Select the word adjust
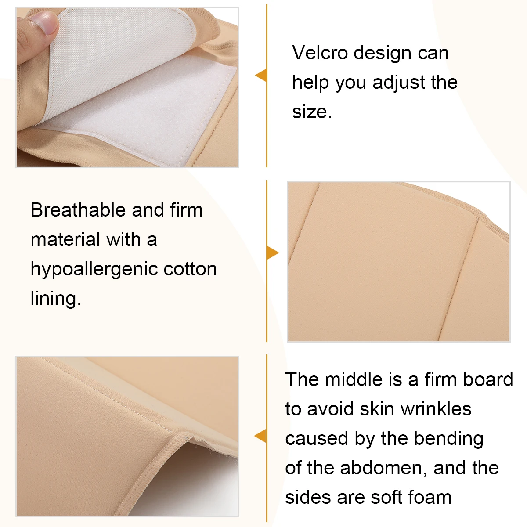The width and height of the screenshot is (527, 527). (399, 83)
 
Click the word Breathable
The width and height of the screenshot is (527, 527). (78, 210)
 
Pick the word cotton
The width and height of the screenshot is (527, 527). (190, 269)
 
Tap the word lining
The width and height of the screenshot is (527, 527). (55, 299)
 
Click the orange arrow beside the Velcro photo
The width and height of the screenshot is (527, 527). (261, 76)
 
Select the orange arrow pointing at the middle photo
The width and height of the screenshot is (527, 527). (273, 253)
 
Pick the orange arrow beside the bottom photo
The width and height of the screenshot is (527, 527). (260, 436)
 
